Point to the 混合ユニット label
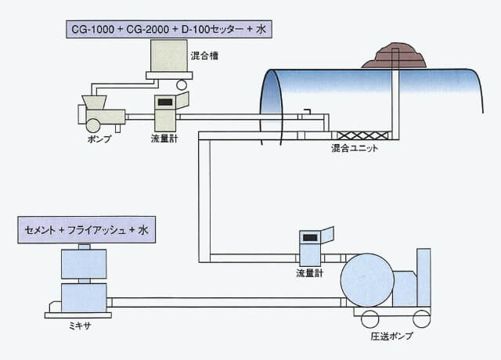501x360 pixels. (x=357, y=148)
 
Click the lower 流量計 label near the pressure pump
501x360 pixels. (x=310, y=273)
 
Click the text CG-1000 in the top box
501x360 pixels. (x=89, y=30)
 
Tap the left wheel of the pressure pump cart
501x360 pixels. (x=368, y=319)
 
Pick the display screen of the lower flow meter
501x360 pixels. (x=311, y=237)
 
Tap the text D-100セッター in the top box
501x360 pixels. (x=211, y=30)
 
